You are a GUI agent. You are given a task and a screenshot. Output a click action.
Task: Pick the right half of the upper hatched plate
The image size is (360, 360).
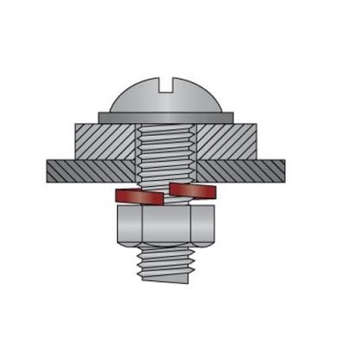point(227,141)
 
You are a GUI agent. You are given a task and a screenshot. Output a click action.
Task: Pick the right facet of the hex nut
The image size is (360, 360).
point(206,226)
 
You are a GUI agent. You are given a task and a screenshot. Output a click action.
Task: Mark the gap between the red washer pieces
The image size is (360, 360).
point(166,194)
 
